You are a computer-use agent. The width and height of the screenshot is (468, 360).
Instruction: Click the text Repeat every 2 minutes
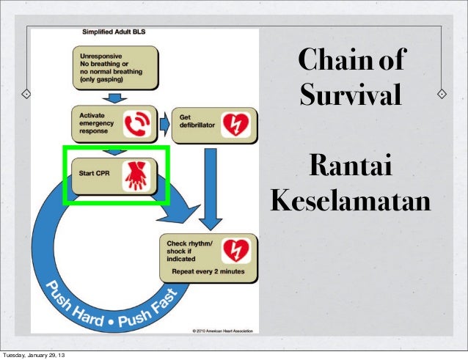coord(208,271)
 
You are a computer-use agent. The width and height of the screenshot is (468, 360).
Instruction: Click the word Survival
coord(351,95)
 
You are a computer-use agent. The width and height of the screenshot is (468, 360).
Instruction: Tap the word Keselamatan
coord(350,199)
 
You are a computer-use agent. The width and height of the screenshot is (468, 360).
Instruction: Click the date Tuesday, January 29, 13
coord(37,356)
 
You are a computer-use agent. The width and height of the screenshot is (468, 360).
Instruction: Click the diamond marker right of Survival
coord(442,95)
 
